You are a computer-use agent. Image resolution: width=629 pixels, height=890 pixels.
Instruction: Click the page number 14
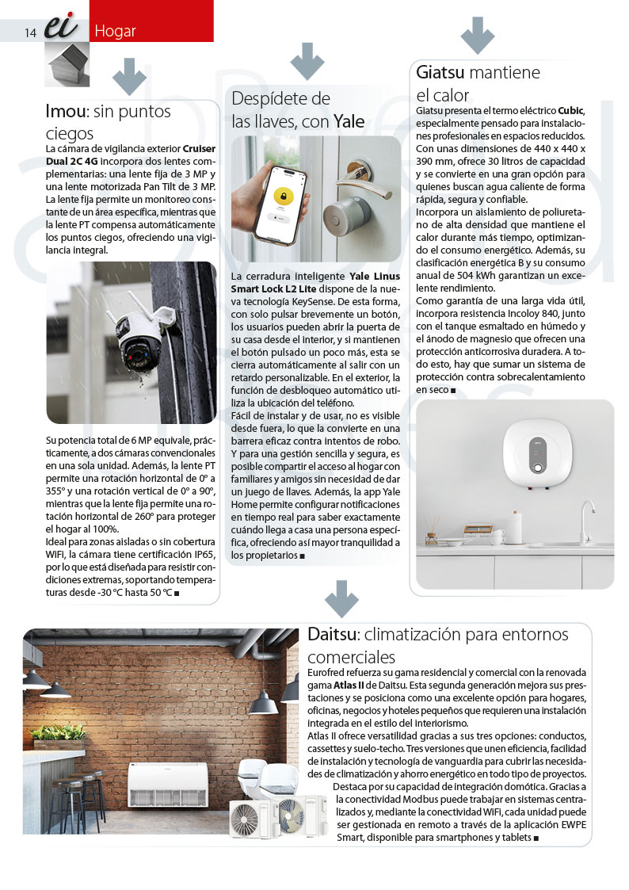pos(31,32)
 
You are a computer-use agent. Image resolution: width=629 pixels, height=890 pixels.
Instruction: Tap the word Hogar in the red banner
pos(115,32)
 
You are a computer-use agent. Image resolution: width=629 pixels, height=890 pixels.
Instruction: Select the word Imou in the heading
pos(65,111)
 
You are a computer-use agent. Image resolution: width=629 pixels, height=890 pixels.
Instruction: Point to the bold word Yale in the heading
pos(349,121)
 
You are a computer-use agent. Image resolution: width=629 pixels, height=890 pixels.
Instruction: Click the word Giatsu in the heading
pos(440,73)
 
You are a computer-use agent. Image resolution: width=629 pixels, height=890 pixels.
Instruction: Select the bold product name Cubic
pos(570,110)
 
